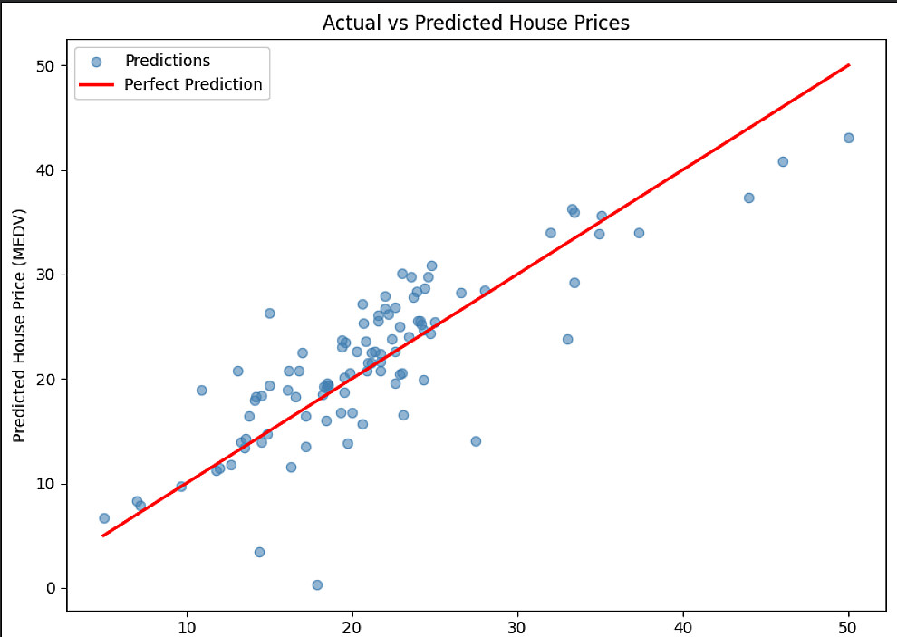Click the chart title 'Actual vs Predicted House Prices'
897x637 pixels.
(x=476, y=23)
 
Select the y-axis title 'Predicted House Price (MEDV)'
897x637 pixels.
(x=19, y=326)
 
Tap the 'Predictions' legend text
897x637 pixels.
(x=168, y=61)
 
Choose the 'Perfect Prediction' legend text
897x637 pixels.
(x=193, y=84)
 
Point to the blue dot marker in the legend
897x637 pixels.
(x=96, y=62)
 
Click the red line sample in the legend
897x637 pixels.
(x=96, y=85)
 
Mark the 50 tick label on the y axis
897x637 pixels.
(x=44, y=66)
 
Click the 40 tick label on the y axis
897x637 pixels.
(x=44, y=170)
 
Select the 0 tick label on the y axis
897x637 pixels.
(x=51, y=588)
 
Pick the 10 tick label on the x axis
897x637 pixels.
(x=187, y=628)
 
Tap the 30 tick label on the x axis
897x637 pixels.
(x=517, y=628)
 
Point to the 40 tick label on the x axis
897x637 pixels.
(x=683, y=628)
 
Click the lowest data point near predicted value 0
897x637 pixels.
(x=317, y=585)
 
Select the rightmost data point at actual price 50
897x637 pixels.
(x=848, y=138)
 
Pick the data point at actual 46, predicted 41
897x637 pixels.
(x=783, y=162)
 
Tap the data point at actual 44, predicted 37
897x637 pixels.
(x=748, y=198)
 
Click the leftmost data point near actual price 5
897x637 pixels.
(x=104, y=518)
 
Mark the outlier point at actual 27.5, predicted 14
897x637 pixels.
(x=476, y=441)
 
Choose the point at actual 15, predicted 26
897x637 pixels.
(x=269, y=314)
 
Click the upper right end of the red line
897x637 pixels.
(x=850, y=64)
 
